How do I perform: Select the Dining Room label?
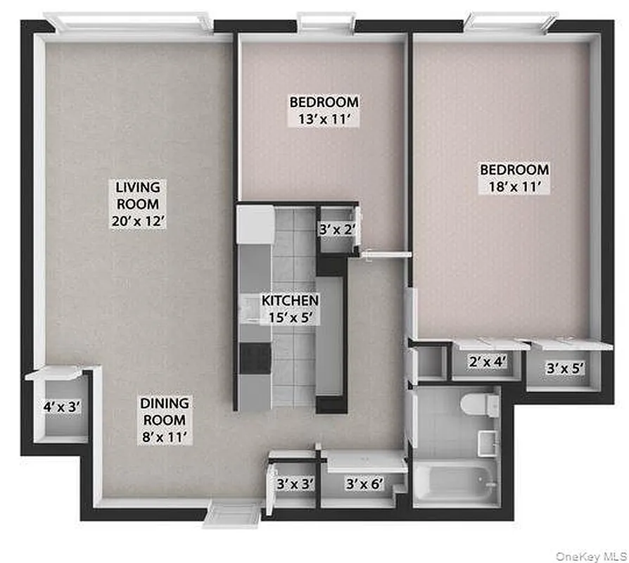coord(164,411)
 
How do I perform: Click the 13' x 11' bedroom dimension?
coord(324,119)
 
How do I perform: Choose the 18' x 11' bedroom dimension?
coord(514,186)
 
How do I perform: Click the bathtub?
coord(456,481)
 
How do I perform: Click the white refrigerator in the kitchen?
coord(254,224)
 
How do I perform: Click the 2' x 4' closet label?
coord(488,363)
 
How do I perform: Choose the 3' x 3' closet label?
coord(294,483)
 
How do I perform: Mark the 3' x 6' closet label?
coord(363,483)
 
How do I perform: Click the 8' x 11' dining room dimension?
coord(164,436)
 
